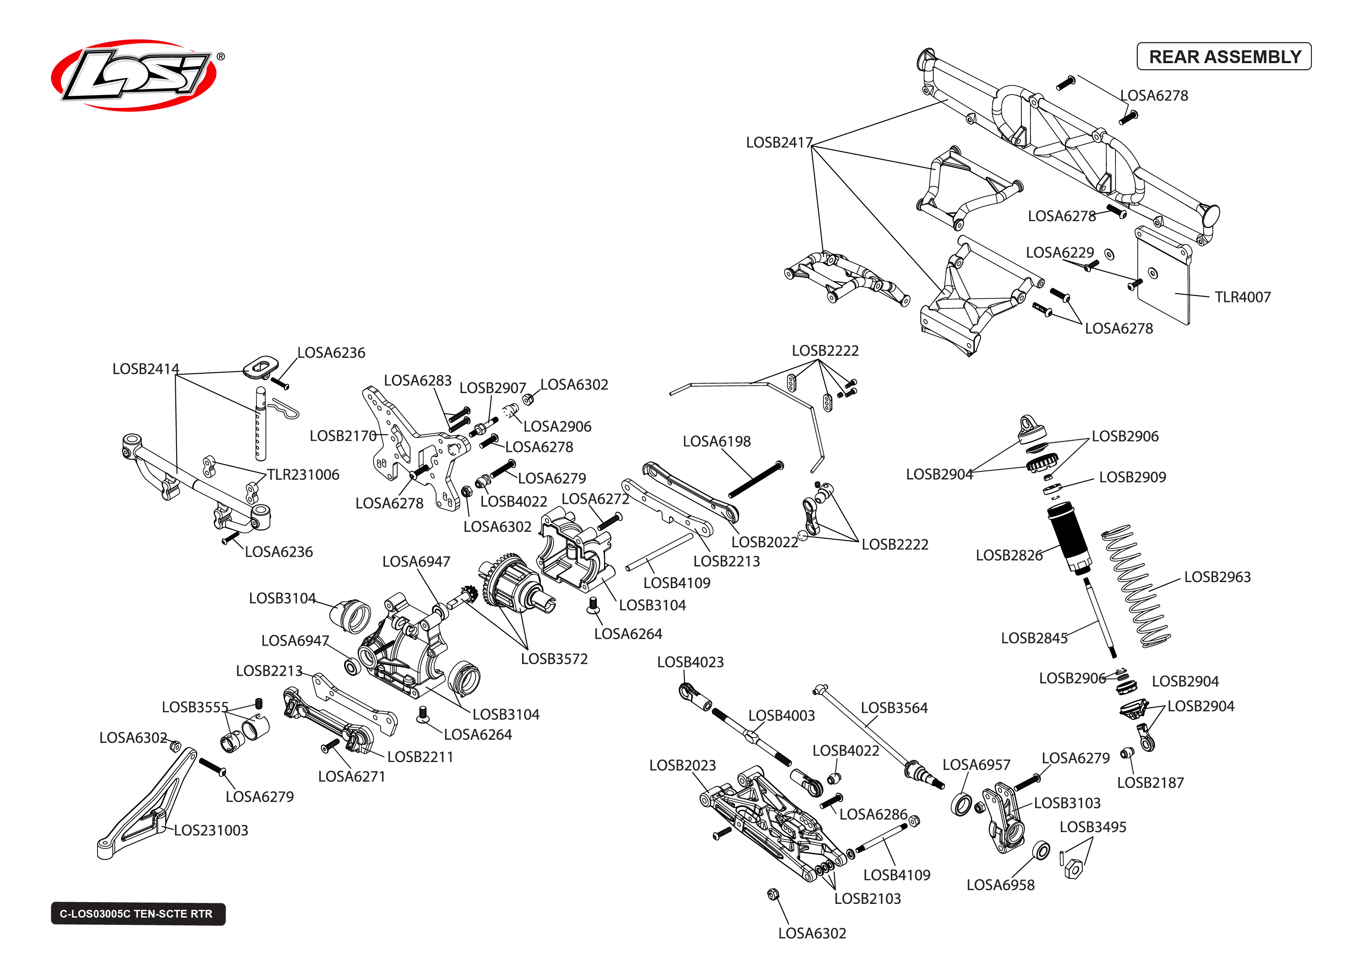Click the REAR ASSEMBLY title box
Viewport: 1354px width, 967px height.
click(x=1224, y=57)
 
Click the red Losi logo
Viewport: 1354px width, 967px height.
click(x=134, y=76)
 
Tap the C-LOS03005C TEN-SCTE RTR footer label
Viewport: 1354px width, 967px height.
click(x=138, y=913)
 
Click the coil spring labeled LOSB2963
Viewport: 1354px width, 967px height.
click(x=1135, y=586)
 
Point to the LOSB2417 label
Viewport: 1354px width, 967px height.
click(x=779, y=143)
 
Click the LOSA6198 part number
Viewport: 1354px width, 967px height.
click(x=716, y=441)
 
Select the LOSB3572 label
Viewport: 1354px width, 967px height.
click(x=554, y=659)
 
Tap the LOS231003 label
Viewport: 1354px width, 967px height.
click(x=211, y=830)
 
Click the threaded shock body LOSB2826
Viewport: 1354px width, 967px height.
click(x=1070, y=536)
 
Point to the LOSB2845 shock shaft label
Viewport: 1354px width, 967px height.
click(x=1034, y=638)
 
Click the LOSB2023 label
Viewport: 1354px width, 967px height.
click(x=682, y=765)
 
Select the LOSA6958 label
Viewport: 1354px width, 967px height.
click(x=1000, y=885)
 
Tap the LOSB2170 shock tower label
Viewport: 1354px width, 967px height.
click(x=343, y=436)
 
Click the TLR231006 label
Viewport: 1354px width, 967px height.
click(x=303, y=475)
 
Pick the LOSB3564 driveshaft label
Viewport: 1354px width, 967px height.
click(x=894, y=708)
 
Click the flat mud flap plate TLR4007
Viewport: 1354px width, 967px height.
click(x=1164, y=280)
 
